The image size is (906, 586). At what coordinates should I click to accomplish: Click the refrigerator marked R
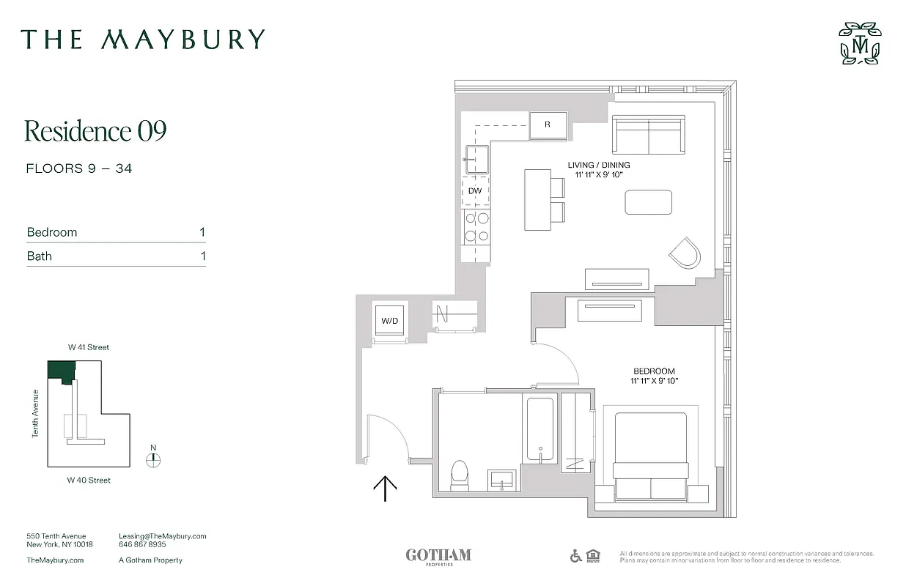click(x=548, y=125)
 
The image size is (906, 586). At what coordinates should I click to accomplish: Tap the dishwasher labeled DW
click(x=475, y=190)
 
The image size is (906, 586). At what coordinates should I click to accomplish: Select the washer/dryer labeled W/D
click(x=388, y=321)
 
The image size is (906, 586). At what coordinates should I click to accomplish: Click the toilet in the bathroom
click(x=460, y=475)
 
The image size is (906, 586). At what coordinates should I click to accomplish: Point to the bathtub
click(x=540, y=430)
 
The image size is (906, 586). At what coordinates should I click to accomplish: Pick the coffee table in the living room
click(x=649, y=202)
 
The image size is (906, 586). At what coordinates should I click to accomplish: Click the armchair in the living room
click(x=685, y=253)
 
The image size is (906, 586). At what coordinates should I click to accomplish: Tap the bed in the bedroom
click(x=651, y=458)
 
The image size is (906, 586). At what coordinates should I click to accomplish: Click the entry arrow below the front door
click(x=386, y=488)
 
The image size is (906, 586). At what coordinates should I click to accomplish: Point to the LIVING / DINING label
click(x=599, y=165)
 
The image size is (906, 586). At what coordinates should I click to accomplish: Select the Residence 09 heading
click(x=96, y=131)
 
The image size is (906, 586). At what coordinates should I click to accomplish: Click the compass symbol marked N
click(x=153, y=459)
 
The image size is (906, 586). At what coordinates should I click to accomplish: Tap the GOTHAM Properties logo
click(x=438, y=556)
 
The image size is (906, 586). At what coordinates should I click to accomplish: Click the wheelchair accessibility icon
click(x=576, y=556)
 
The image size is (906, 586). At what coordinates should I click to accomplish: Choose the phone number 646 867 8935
click(x=142, y=545)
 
